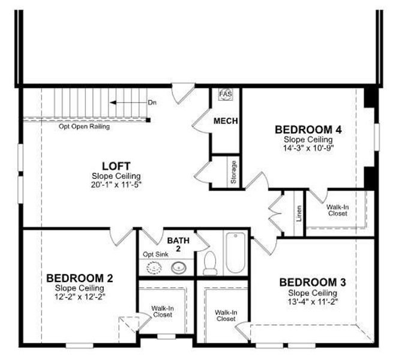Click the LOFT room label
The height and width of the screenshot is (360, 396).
click(x=116, y=166)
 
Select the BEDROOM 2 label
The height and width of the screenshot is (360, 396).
click(x=79, y=278)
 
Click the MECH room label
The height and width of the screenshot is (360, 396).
click(x=226, y=121)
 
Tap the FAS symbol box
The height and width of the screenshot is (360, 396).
click(x=225, y=95)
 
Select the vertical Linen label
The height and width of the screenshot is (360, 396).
click(x=298, y=214)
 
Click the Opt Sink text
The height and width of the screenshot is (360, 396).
click(x=155, y=254)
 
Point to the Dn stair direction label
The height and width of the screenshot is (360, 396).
click(x=152, y=103)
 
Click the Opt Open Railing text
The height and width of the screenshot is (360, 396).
click(x=84, y=127)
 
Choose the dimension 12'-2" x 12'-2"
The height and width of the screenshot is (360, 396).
click(x=79, y=296)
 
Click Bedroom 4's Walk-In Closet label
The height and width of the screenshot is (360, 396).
click(x=337, y=210)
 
